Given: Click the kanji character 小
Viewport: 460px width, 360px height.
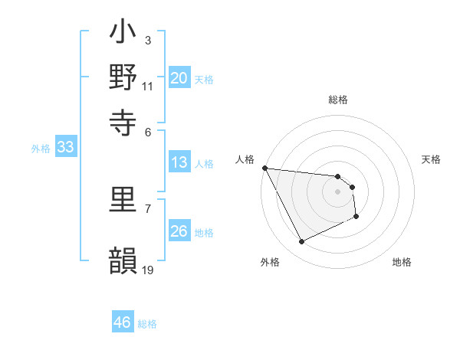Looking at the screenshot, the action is pos(123,34).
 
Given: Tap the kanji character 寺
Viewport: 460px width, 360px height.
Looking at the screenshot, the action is pos(123,121).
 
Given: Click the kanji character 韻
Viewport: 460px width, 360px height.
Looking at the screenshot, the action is pos(123,260).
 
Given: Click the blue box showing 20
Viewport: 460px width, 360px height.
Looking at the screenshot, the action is pos(179,78).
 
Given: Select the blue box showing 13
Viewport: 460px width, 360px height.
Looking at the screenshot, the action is pos(179,162).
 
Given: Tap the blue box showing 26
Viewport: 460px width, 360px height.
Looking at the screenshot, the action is pos(179,232).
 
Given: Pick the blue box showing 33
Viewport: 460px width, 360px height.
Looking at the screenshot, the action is pos(65,148).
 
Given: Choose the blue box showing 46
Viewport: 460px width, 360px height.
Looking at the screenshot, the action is pos(122,322).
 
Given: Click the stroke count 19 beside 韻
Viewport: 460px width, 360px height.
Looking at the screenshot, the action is pos(149,269).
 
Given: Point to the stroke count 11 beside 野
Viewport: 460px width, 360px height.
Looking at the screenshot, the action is pos(148,86).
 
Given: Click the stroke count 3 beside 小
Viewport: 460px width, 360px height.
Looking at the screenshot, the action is pos(148,39).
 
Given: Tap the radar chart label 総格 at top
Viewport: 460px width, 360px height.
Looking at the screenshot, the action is pos(338,100).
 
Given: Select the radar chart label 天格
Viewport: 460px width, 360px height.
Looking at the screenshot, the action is pos(431,159).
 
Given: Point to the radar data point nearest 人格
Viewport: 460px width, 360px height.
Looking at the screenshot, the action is pos(264,168).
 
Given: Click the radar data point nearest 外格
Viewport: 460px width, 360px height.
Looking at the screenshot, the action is pos(301,242).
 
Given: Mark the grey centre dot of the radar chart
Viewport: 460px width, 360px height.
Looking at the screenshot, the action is pos(337,191).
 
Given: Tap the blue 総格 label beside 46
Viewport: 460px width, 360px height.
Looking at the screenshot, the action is pos(147,324).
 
